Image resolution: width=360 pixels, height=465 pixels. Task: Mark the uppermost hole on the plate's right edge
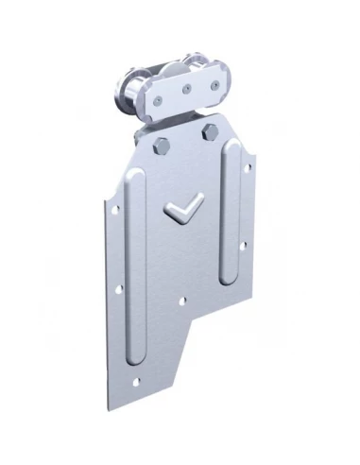249,171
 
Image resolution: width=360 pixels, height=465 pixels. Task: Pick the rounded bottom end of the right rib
230,276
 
